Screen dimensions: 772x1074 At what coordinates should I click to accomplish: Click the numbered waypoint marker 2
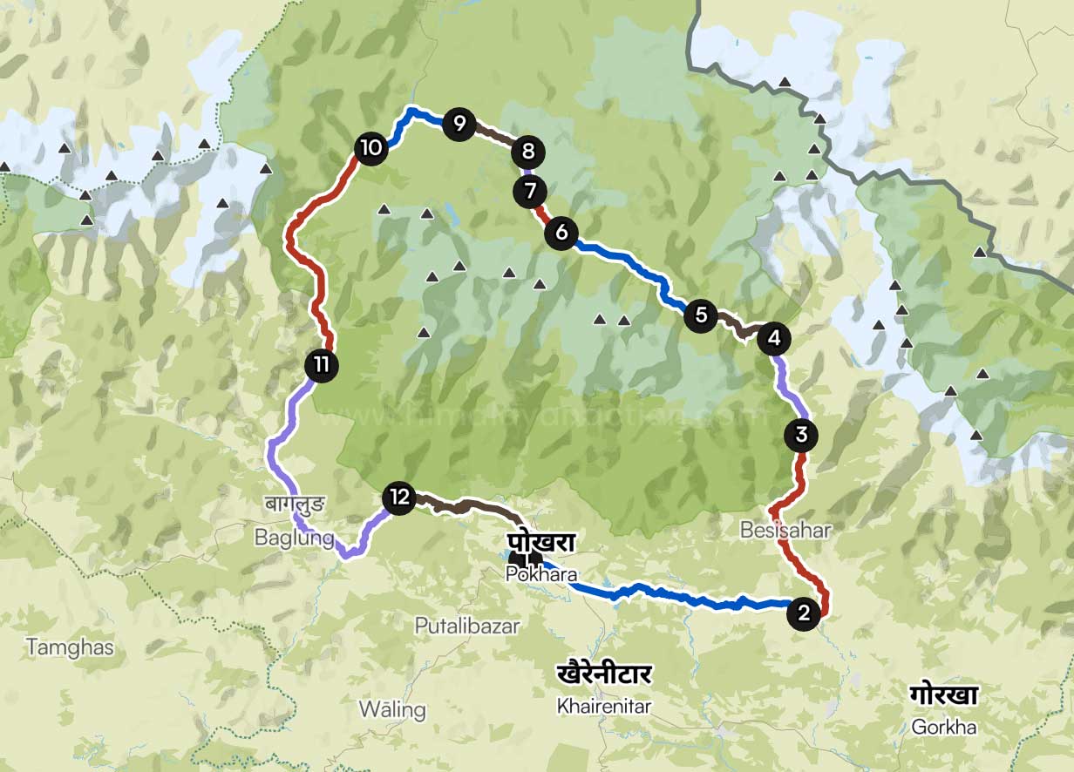[803, 613]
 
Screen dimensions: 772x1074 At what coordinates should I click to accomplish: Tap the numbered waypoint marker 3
[801, 434]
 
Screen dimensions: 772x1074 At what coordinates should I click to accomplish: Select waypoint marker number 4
[774, 338]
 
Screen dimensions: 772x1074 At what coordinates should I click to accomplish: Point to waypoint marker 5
[701, 315]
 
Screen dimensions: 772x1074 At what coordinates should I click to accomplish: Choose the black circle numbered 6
[561, 233]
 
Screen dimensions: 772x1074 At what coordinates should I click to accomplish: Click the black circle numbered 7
[530, 191]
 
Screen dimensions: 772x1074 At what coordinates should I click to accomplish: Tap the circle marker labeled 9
[459, 123]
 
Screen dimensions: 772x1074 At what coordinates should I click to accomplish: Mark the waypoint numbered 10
[371, 147]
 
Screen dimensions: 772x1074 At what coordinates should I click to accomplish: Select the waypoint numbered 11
[322, 364]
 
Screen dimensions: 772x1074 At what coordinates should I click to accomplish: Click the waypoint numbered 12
[399, 498]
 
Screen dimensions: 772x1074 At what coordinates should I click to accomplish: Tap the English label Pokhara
[540, 574]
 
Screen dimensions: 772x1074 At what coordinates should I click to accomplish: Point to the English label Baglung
[294, 538]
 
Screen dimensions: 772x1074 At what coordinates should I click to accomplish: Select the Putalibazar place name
[466, 626]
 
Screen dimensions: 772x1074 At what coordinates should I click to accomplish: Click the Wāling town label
[392, 709]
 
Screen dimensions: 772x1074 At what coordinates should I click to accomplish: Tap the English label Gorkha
[943, 726]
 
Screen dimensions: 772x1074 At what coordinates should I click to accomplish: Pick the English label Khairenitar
[603, 706]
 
